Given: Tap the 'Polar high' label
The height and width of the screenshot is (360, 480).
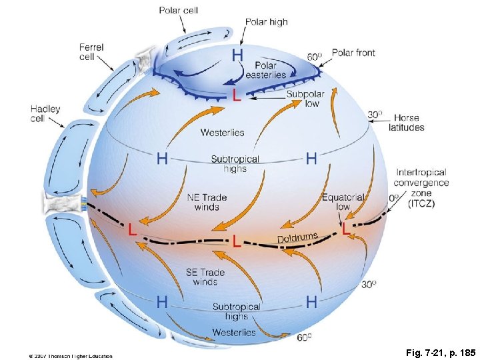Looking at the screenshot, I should (267, 22).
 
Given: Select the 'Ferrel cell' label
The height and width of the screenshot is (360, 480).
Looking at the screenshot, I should (91, 52).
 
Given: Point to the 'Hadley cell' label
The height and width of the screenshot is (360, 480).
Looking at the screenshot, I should (45, 114).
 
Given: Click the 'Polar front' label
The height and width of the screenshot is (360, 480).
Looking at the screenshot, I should (353, 53).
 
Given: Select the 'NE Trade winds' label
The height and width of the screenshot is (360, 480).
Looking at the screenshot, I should (207, 202).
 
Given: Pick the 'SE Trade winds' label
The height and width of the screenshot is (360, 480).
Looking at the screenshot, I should (205, 277).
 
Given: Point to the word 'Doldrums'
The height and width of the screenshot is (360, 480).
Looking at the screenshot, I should (297, 237).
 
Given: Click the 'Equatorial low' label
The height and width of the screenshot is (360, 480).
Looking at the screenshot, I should (343, 202).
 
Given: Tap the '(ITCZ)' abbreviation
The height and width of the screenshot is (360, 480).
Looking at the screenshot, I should (421, 204).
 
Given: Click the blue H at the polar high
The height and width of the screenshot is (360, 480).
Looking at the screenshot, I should (237, 55).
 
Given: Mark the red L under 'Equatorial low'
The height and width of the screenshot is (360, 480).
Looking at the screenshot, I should (345, 229).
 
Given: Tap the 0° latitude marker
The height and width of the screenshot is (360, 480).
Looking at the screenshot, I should (394, 198).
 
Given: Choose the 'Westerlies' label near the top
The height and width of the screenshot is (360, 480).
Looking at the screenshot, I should (222, 133).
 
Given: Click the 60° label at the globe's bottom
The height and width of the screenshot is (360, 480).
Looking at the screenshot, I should (304, 338).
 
